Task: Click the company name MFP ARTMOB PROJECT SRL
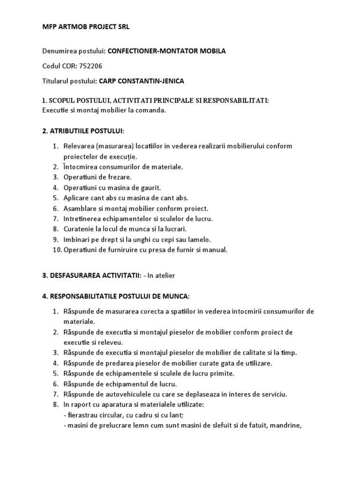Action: (86, 27)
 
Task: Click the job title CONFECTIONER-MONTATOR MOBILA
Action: (167, 51)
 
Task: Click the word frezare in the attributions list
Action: (120, 177)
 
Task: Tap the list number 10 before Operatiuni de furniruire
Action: (57, 250)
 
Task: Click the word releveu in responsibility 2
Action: (110, 342)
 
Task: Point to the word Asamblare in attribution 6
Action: (80, 208)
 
